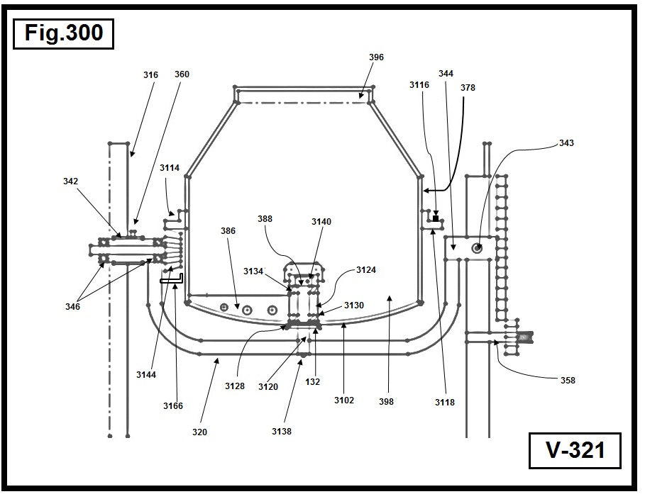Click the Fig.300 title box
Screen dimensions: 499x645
63,33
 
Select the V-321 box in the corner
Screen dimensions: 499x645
575,450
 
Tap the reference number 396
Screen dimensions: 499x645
376,57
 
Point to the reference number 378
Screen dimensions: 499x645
468,88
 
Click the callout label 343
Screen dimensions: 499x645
566,143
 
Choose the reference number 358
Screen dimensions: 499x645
567,381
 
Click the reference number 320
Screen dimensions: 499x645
199,432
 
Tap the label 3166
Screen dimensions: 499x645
172,406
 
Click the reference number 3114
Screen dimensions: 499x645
170,168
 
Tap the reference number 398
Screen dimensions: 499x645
386,402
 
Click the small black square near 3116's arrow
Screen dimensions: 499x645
436,218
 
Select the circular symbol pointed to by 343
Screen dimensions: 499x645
478,247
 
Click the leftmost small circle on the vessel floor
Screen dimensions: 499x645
224,307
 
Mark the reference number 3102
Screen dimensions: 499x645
344,400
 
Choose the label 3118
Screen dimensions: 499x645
445,402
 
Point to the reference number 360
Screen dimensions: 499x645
182,74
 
